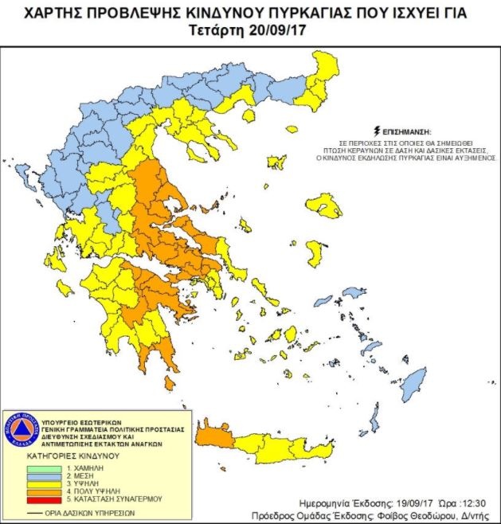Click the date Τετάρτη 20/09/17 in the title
pos(249,31)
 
